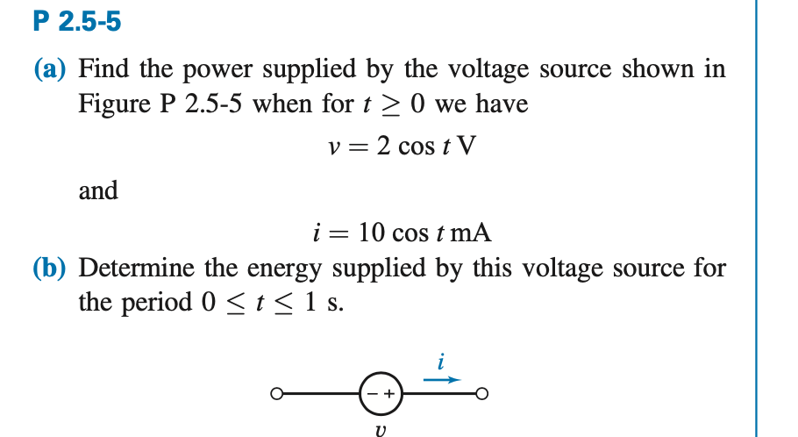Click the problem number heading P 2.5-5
76,21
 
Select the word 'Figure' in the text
115,104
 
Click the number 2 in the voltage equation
382,146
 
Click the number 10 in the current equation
367,233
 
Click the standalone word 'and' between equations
98,190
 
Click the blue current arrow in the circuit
442,380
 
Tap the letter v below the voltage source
379,428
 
